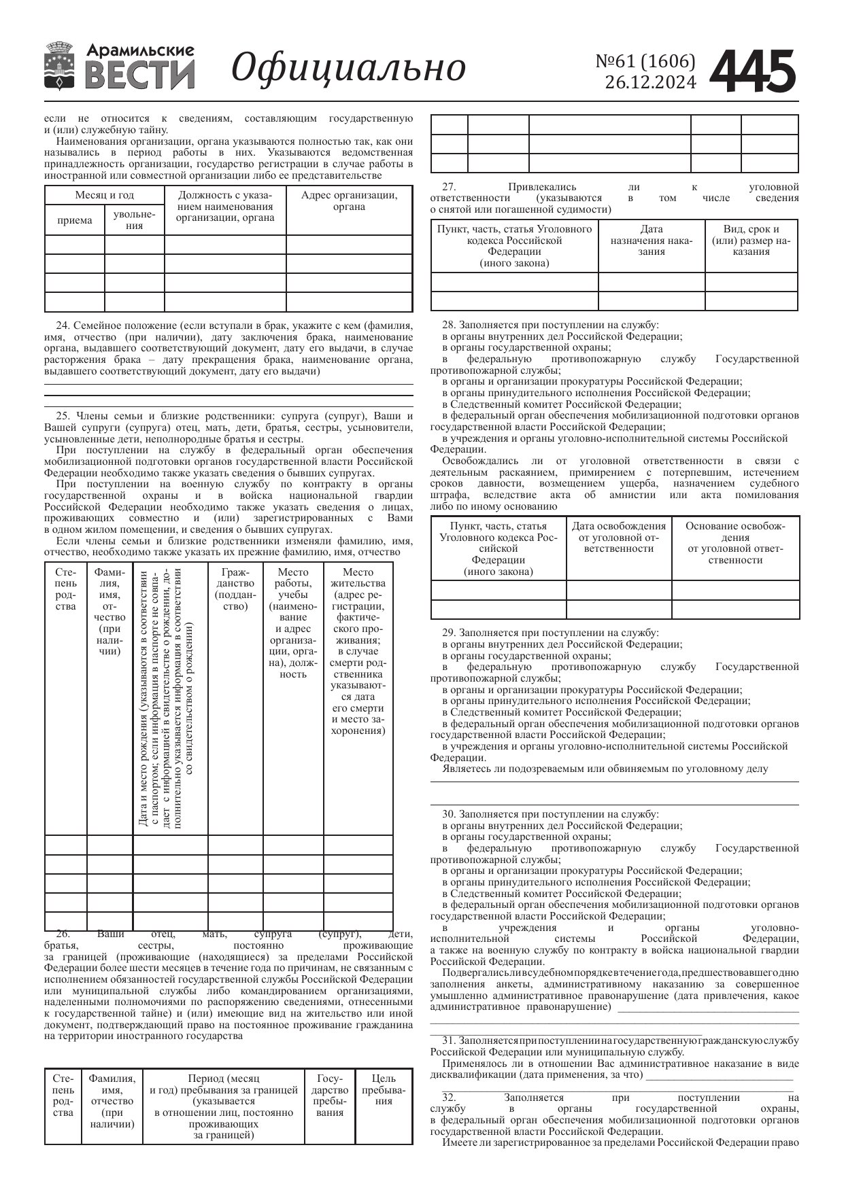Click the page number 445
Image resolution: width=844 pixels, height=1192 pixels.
pos(752,71)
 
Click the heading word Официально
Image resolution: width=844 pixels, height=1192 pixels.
pos(349,68)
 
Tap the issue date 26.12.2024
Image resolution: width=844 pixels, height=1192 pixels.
pos(650,82)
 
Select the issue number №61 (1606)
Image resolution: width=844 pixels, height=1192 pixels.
pos(645,62)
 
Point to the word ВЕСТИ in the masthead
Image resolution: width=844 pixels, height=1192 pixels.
pos(141,74)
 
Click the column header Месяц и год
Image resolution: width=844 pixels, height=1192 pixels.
pos(104,195)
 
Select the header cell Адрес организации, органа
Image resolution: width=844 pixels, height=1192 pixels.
pos(349,200)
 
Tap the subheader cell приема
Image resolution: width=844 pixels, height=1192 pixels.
pos(75,220)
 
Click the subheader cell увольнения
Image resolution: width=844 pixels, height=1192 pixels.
pos(134,220)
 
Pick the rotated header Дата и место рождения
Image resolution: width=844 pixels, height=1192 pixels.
pos(170,697)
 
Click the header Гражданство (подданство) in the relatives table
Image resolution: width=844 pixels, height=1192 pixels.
pos(235,589)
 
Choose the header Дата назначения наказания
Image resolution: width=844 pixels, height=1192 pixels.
pos(651,240)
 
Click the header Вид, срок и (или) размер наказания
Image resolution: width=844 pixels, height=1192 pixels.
pos(752,240)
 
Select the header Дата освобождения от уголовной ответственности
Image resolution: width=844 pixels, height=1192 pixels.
pos(618,537)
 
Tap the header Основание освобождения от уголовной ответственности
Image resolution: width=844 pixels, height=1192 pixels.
pos(735,542)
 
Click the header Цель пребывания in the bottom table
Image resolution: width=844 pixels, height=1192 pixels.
pos(384,1089)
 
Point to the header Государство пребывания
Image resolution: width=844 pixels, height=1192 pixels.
pos(330,1095)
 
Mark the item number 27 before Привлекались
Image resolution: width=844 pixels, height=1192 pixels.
pos(448,187)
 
